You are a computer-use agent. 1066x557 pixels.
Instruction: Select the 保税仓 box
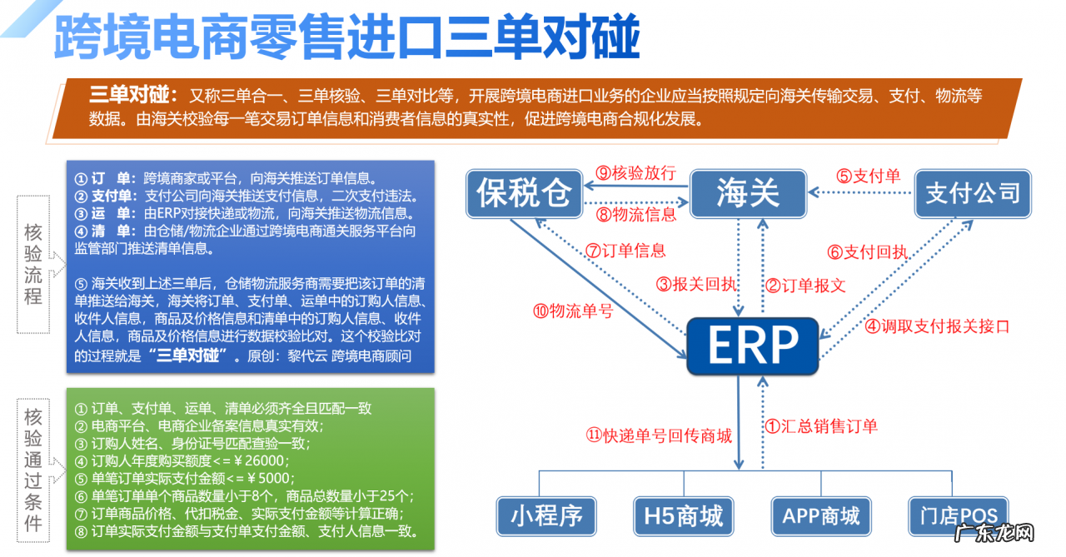click(524, 194)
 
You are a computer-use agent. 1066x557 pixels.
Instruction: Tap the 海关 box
click(748, 194)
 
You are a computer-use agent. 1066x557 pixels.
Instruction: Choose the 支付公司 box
click(973, 194)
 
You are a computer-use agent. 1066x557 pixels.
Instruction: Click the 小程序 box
click(547, 515)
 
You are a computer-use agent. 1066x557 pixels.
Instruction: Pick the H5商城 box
click(678, 515)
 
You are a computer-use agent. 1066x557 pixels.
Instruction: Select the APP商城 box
click(820, 515)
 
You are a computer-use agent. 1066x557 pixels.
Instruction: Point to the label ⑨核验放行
click(635, 173)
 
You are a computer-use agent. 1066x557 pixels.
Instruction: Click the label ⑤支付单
click(869, 176)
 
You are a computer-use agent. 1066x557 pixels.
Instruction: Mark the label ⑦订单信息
click(625, 250)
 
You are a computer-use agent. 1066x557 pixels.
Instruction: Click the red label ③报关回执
click(696, 285)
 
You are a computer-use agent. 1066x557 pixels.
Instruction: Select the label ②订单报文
click(805, 286)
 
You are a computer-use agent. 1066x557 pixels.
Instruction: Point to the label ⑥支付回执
click(869, 251)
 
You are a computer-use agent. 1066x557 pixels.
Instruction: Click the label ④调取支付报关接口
click(936, 326)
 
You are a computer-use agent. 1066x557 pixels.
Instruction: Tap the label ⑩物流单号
click(573, 311)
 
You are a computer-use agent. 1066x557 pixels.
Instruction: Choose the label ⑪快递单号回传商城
click(659, 435)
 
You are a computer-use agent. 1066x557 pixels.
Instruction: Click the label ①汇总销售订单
click(821, 426)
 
